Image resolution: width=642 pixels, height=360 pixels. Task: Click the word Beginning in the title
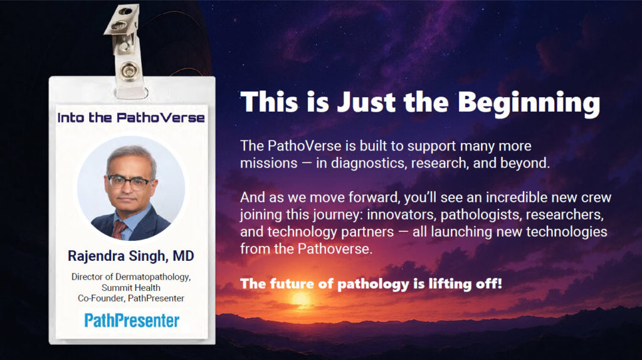[529, 103]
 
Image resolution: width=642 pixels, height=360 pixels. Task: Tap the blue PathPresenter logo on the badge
[132, 320]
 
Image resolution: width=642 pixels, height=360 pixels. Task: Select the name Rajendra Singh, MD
[130, 256]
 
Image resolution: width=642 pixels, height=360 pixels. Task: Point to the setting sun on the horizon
[301, 299]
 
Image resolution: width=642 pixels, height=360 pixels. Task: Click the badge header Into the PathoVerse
[130, 117]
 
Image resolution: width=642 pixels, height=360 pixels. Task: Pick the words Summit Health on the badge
[131, 287]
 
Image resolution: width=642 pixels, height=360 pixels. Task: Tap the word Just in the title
[366, 102]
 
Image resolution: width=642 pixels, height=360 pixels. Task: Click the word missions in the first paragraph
[268, 163]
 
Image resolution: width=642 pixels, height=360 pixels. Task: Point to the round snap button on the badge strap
[129, 70]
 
